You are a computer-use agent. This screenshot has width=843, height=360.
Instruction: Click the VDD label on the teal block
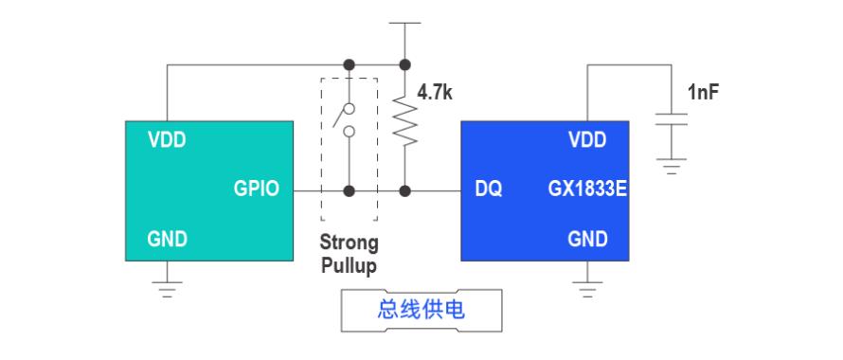click(x=168, y=140)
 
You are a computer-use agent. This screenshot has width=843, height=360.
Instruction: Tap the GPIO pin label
click(x=257, y=189)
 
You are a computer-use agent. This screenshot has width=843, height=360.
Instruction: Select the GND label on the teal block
click(x=168, y=239)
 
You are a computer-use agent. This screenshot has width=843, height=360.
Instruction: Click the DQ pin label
click(x=489, y=189)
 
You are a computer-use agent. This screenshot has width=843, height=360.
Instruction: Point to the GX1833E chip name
click(x=587, y=189)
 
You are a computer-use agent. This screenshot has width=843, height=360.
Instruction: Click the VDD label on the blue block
click(x=587, y=140)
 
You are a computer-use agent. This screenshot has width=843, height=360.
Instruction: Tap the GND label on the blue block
click(x=587, y=239)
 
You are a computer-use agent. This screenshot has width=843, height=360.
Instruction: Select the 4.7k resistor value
click(x=435, y=93)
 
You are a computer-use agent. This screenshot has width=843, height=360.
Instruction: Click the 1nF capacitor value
click(x=703, y=93)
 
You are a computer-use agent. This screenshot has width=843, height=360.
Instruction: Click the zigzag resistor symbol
click(x=405, y=120)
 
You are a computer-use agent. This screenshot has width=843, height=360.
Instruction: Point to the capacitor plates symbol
click(x=672, y=119)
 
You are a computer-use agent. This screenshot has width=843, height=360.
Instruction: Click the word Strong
click(x=349, y=243)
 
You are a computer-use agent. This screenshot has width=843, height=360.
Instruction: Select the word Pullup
click(x=349, y=266)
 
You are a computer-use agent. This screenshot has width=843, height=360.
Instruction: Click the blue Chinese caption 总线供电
click(x=421, y=310)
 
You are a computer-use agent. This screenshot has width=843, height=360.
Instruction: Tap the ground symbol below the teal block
click(x=168, y=289)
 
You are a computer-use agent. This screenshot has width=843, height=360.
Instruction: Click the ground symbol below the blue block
click(x=587, y=289)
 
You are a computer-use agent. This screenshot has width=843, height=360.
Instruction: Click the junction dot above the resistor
click(x=405, y=65)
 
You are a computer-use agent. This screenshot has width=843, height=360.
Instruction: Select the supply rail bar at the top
click(x=404, y=23)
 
